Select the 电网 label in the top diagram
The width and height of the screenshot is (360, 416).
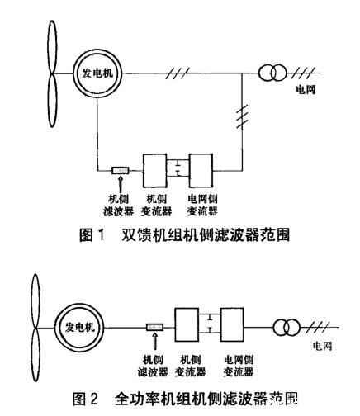316,85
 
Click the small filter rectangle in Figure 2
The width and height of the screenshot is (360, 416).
154,328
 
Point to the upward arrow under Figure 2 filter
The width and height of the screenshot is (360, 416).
154,341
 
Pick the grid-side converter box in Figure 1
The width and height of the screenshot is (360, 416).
202,171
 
